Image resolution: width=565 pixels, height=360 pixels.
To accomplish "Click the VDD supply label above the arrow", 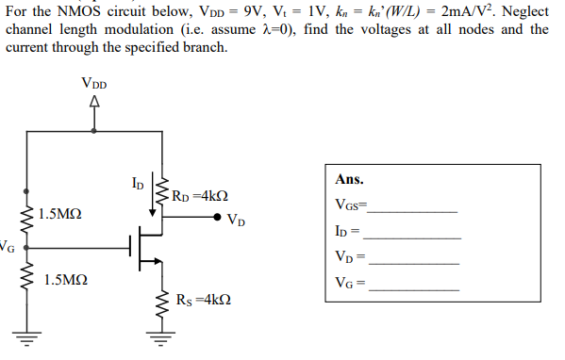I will coord(94,84).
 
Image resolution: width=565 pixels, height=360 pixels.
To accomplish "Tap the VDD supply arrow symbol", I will coord(94,102).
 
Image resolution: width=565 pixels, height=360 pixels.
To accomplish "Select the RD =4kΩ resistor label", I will coord(200,197).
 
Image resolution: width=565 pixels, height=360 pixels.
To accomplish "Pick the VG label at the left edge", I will coord(7,248).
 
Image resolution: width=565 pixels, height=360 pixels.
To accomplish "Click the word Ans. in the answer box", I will coord(349,179).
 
